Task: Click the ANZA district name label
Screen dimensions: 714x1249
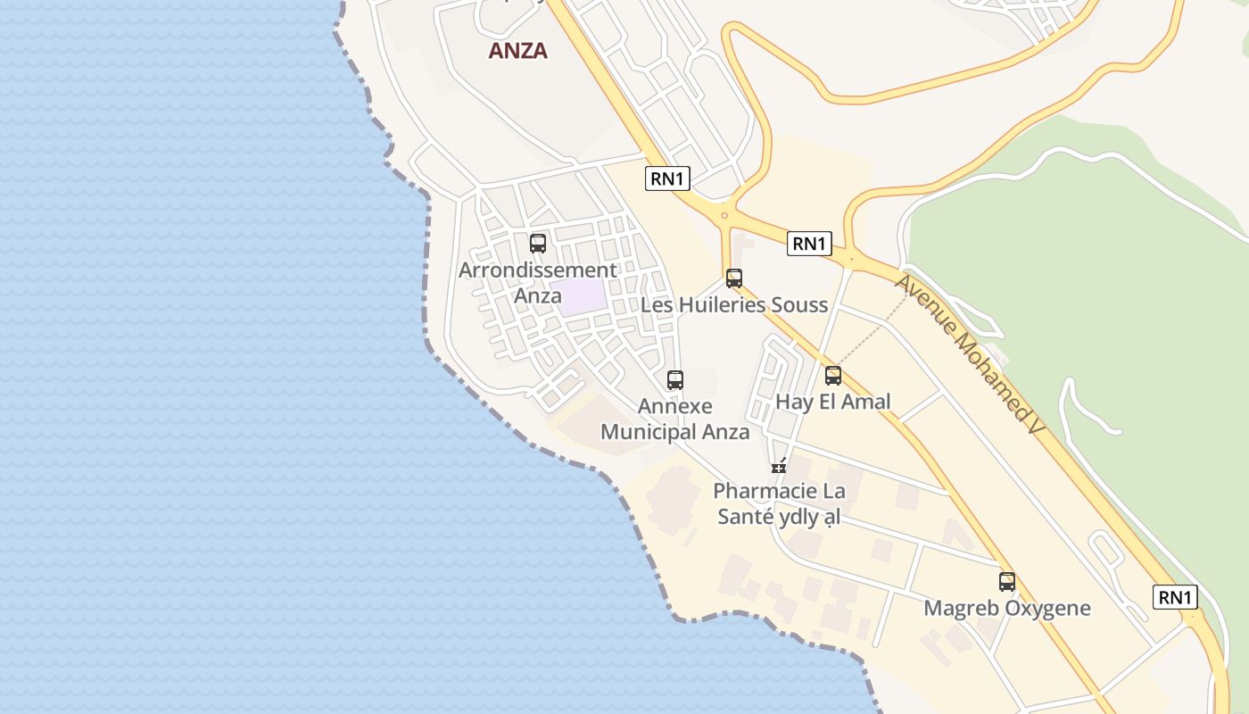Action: point(517,51)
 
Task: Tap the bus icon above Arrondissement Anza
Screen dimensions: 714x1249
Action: point(538,244)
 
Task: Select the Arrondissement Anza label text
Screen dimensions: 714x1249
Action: point(537,282)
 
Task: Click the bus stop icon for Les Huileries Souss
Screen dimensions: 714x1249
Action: point(734,278)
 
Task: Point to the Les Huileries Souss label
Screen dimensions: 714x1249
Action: point(734,305)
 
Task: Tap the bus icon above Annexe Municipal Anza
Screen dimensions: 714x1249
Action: point(675,380)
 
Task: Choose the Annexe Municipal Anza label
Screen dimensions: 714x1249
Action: point(674,419)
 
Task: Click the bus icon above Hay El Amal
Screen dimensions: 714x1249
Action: point(833,376)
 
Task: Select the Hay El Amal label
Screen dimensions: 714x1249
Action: point(832,402)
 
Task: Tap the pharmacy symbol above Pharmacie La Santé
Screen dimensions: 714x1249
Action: point(779,466)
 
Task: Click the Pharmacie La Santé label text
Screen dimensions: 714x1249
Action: point(779,503)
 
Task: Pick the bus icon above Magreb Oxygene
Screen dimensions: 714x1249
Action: point(1007,582)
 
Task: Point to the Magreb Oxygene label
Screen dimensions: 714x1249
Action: point(1006,609)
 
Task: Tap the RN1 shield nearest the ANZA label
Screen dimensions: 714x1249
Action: point(667,178)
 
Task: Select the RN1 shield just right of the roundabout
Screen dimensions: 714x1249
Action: point(809,244)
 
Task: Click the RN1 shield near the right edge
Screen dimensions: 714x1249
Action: point(1175,597)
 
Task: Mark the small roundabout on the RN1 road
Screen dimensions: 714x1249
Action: point(724,215)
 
